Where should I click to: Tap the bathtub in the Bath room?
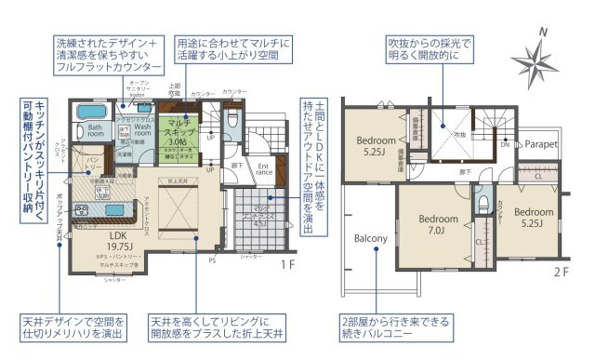tap(90, 114)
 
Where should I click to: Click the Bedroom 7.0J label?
tap(434, 224)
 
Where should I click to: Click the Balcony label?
tap(370, 238)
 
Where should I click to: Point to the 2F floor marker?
tap(561, 272)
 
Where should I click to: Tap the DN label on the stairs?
tap(504, 145)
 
